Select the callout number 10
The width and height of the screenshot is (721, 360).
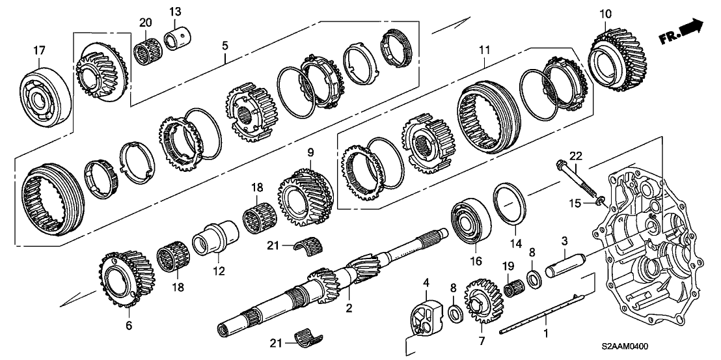tap(605, 14)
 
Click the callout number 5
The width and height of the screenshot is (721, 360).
tap(224, 46)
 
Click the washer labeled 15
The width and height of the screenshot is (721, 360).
tap(598, 205)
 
